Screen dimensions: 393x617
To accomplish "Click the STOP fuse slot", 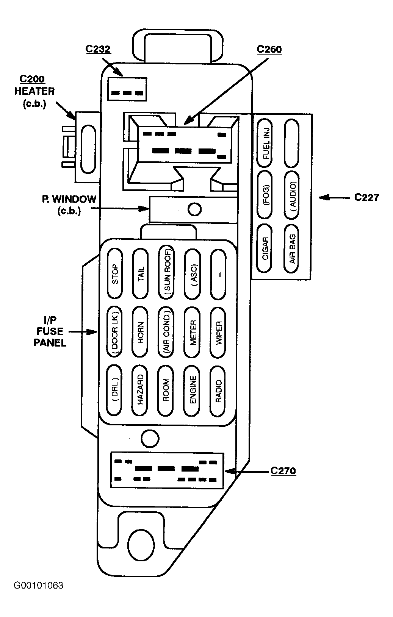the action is point(115,273).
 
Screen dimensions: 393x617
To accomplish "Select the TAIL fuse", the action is point(141,273).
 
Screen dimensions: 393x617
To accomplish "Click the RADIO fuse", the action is point(218,390).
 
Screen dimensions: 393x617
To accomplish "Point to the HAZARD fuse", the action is point(140,390).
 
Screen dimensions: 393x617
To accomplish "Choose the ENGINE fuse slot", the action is point(192,390).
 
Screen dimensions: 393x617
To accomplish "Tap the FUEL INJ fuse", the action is point(265,143).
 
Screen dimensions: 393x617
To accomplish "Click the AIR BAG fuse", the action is point(292,249).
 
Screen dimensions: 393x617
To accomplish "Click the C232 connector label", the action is point(98,49).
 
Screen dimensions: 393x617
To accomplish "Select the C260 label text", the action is point(269,50).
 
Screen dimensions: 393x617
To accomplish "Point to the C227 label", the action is point(367,197).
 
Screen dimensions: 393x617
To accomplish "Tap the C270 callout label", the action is point(283,471).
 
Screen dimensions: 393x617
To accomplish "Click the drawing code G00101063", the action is point(39,586).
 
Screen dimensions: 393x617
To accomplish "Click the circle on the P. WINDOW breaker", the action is point(194,209).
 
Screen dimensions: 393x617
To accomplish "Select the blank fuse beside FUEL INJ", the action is point(292,143).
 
